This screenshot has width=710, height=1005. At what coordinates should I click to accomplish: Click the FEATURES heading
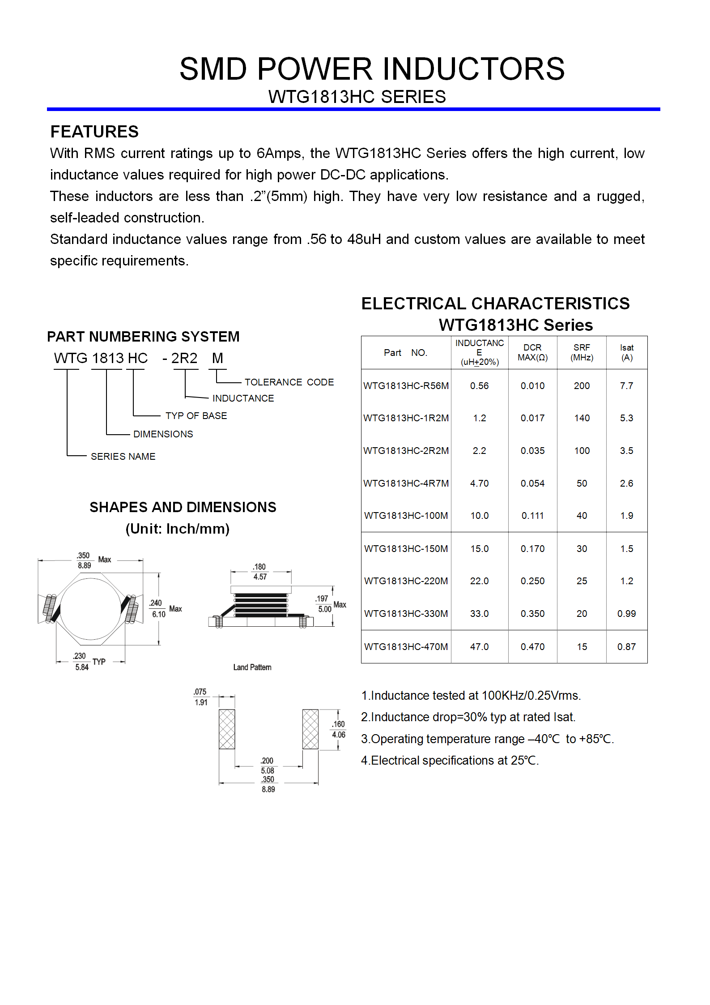tap(94, 132)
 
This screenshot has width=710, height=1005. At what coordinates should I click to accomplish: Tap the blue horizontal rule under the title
tap(353, 109)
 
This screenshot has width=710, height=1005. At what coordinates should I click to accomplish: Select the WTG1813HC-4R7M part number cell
tap(406, 483)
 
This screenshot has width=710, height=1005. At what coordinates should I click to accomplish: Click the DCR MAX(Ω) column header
tap(532, 353)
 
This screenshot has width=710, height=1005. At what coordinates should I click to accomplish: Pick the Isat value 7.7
tap(626, 386)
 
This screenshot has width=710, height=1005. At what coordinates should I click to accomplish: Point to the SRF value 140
tap(582, 418)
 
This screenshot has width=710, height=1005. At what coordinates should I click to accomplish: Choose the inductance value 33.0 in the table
tap(479, 614)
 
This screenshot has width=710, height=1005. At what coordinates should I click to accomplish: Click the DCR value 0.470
tap(532, 647)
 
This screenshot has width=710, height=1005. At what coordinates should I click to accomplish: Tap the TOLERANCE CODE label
tap(289, 382)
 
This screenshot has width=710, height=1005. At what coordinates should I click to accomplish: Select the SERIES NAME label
tap(123, 457)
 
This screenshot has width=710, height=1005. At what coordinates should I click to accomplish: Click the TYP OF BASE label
tap(196, 416)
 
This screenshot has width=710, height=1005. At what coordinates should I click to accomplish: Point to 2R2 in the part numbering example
tap(184, 358)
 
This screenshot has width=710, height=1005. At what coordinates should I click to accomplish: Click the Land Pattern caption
tap(252, 667)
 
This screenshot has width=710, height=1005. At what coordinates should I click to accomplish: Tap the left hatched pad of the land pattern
tap(227, 729)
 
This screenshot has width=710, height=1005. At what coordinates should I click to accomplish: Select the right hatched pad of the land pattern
tap(310, 729)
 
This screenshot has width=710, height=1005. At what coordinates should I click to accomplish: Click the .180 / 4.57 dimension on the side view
tap(259, 572)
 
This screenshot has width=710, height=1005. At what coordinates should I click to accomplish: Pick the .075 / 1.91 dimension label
tap(200, 697)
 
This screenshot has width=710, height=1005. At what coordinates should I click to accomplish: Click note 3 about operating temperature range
tap(487, 739)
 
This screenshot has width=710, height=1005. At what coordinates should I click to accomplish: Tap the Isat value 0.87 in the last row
tap(626, 647)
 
